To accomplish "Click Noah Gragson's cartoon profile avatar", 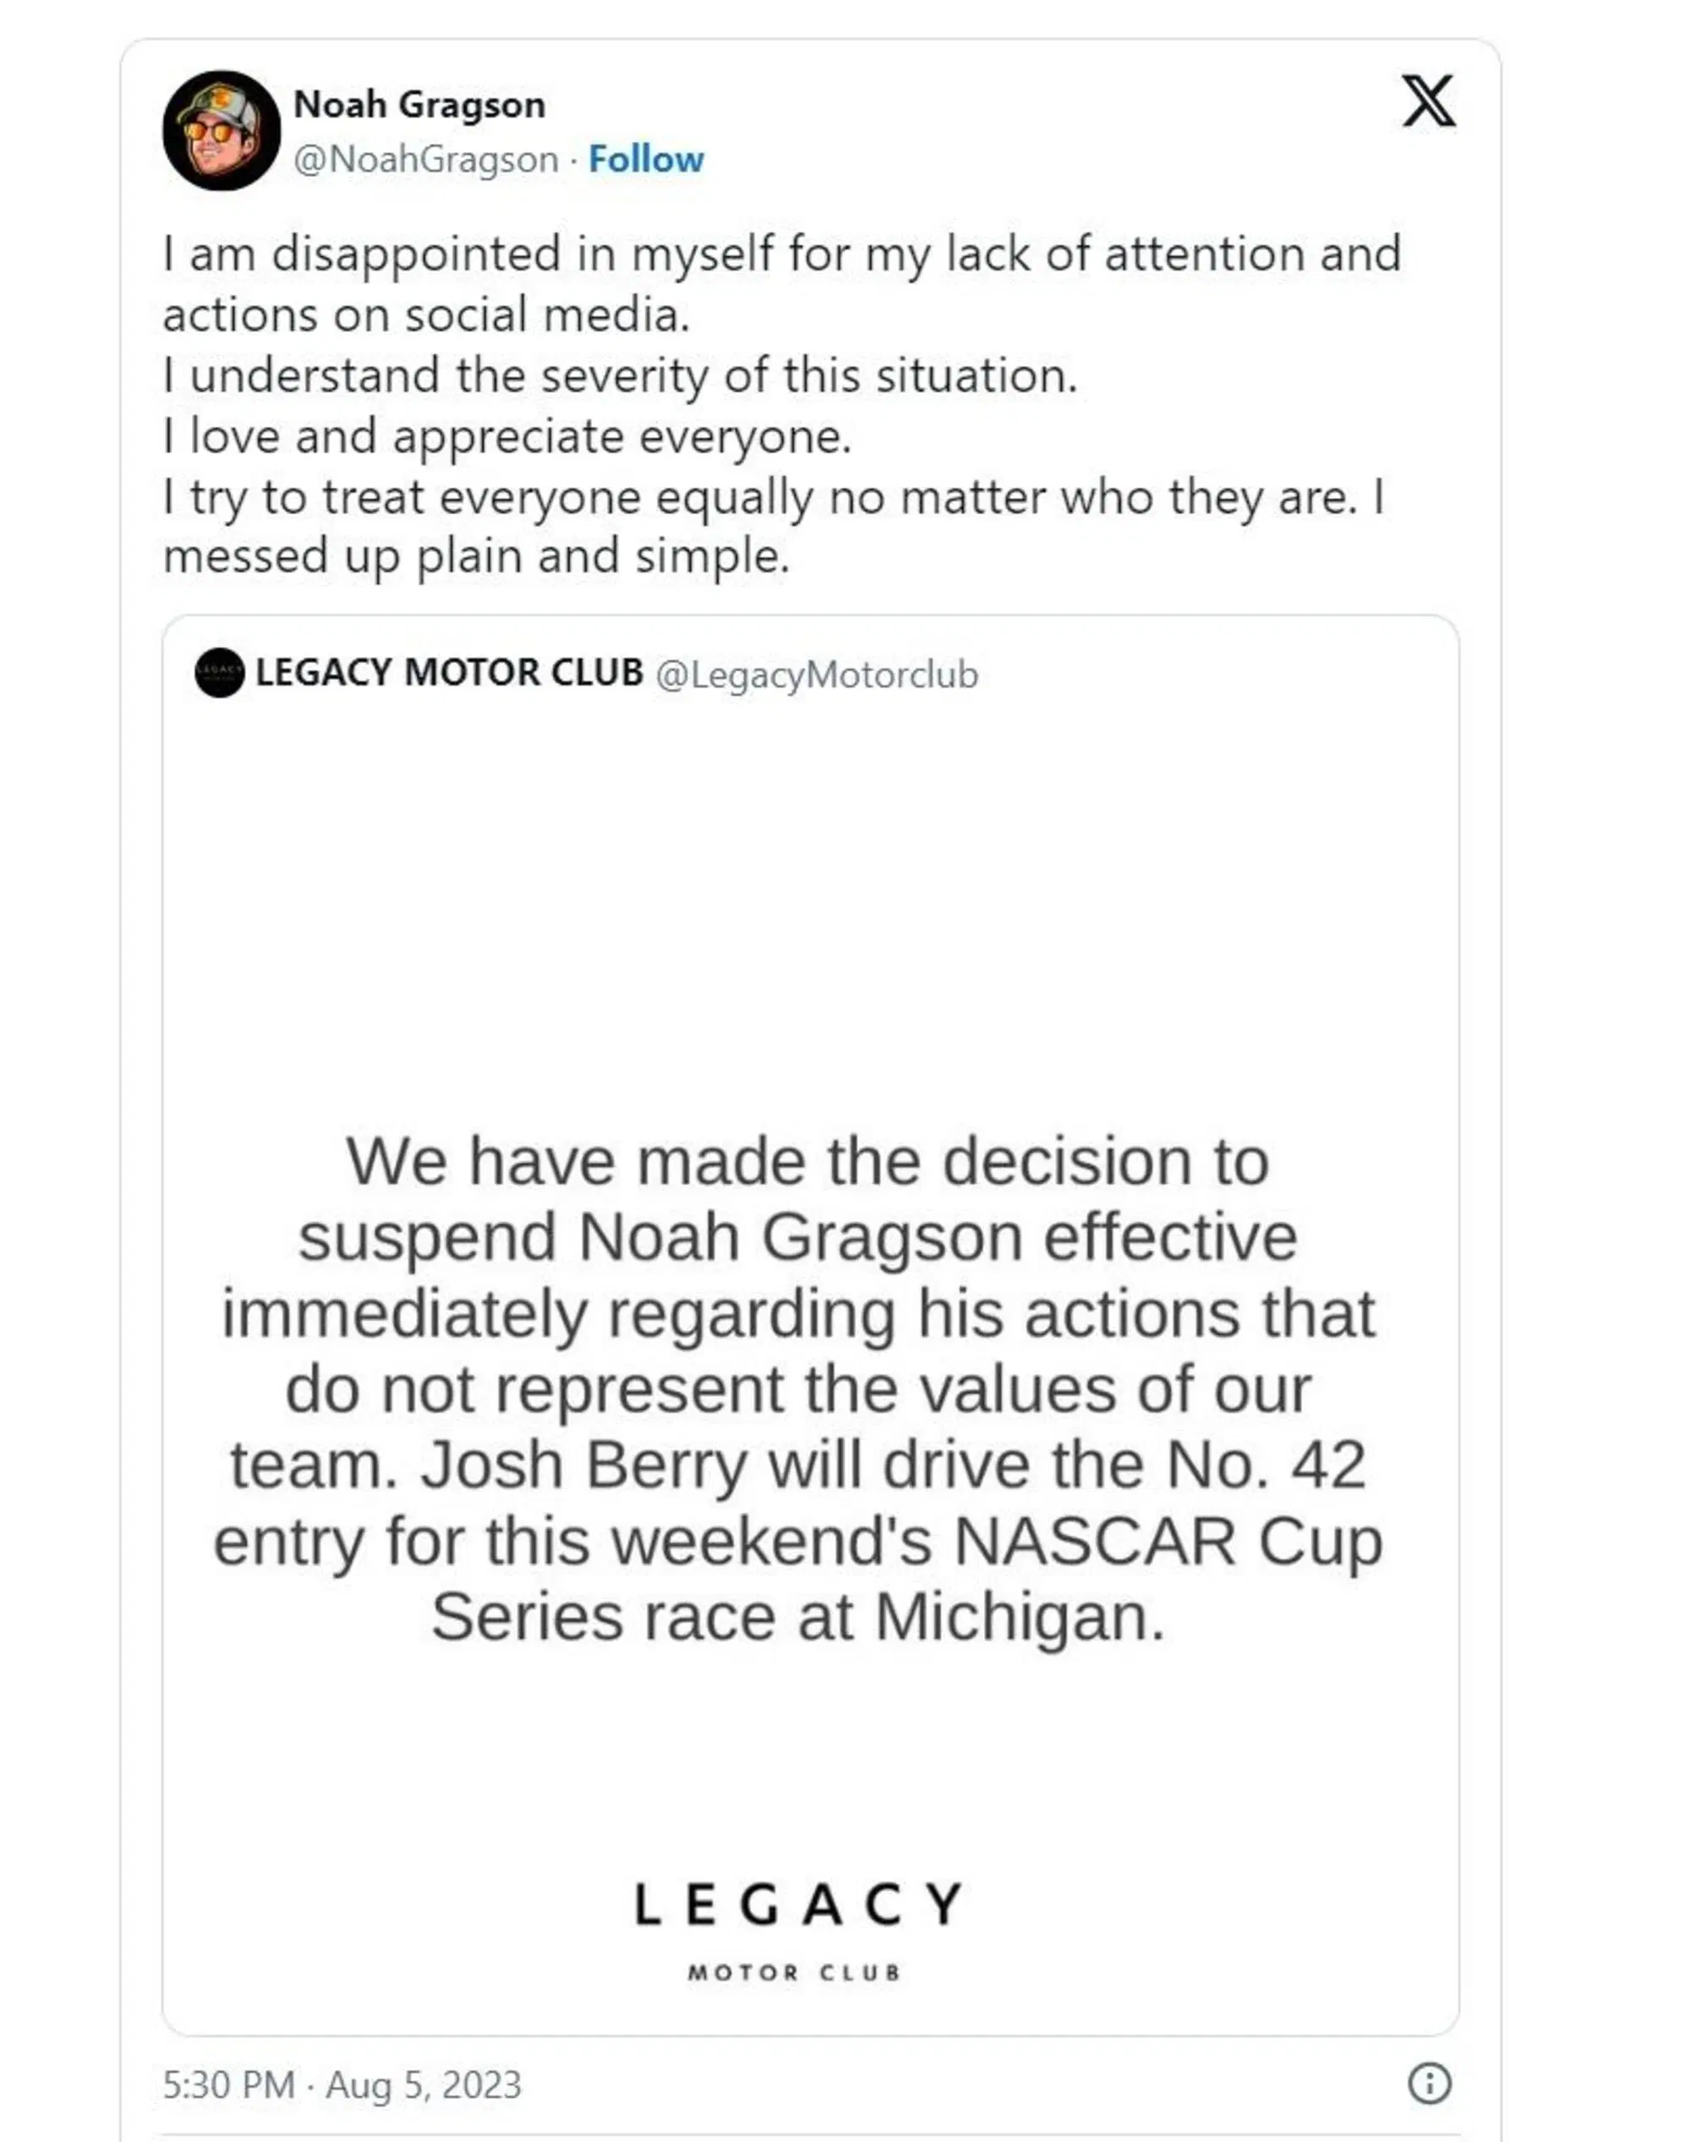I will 221,131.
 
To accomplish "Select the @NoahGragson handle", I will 426,160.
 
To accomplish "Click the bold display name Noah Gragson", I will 419,105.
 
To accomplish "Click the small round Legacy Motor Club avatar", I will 220,673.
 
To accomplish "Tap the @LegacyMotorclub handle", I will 816,676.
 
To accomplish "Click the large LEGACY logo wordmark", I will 797,1904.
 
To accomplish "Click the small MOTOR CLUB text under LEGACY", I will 794,1973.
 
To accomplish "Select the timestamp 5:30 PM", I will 228,2084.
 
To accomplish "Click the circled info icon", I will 1429,2084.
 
